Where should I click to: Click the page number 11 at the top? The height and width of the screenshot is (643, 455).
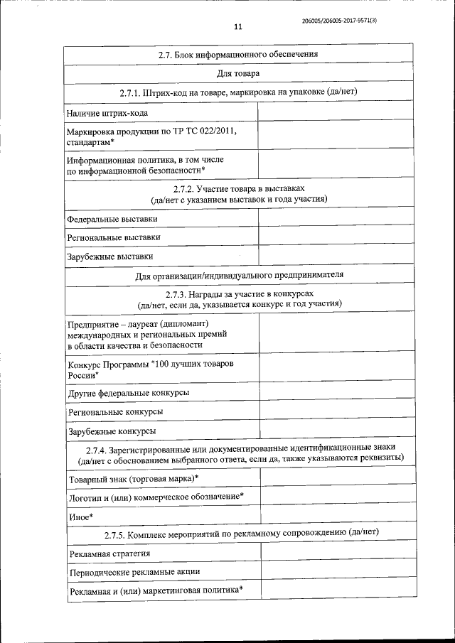pyautogui.click(x=238, y=27)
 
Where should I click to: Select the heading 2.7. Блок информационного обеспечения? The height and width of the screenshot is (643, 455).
pyautogui.click(x=237, y=54)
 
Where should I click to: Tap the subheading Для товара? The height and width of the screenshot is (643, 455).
pyautogui.click(x=237, y=73)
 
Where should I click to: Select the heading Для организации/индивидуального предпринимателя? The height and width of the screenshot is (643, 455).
pyautogui.click(x=239, y=275)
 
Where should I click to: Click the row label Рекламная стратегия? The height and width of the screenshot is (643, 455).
pyautogui.click(x=109, y=553)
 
